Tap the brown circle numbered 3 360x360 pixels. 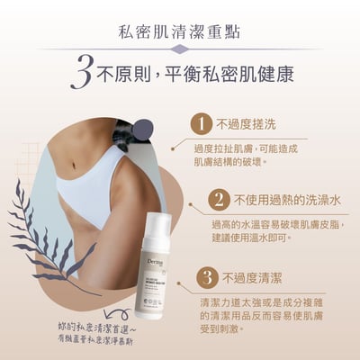205,276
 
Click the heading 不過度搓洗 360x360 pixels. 249,122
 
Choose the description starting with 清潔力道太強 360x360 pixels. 269,316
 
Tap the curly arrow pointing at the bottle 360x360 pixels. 126,319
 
